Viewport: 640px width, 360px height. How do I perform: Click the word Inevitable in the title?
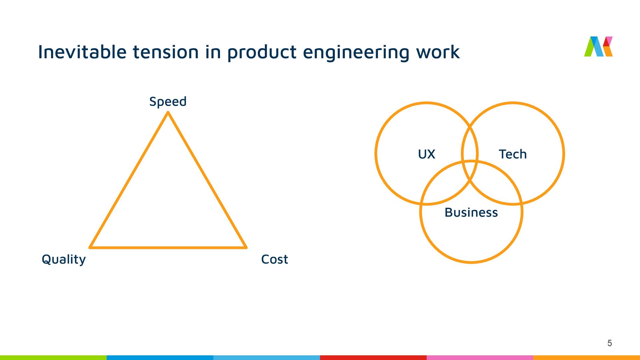click(x=82, y=52)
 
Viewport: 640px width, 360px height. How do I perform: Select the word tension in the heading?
click(x=166, y=52)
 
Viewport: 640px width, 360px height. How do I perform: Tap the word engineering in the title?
click(x=356, y=53)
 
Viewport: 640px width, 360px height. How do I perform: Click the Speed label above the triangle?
click(x=168, y=102)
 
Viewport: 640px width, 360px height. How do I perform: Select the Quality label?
click(x=64, y=259)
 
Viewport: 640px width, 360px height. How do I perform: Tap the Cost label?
click(x=274, y=259)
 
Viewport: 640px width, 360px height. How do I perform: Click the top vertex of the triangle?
click(x=168, y=113)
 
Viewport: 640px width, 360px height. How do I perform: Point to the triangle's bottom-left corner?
click(x=90, y=247)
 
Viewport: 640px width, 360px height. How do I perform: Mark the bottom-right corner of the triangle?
click(x=246, y=247)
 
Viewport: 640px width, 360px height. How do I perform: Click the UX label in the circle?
click(x=426, y=154)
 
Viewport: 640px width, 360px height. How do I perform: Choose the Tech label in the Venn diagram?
click(x=513, y=154)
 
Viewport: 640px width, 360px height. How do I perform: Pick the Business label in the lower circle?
click(x=471, y=213)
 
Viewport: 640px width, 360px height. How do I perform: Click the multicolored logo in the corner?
click(x=598, y=46)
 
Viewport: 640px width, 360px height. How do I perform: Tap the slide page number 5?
click(x=610, y=343)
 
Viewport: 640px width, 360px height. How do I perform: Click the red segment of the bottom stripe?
click(x=373, y=357)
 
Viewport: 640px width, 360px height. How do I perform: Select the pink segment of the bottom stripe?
click(x=480, y=357)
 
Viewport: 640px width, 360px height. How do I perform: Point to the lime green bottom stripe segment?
click(x=53, y=357)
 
